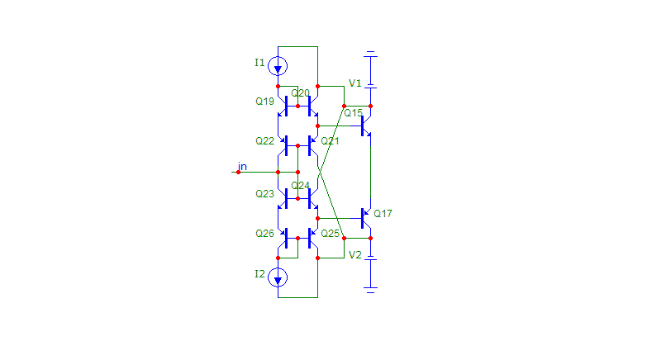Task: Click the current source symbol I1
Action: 278,66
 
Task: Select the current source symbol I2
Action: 278,277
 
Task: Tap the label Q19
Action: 264,102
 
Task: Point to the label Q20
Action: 300,93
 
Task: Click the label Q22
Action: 264,141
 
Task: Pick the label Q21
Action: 330,141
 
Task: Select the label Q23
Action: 264,194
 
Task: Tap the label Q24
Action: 300,186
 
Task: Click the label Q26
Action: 264,234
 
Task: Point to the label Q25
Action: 330,234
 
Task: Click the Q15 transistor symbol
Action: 365,126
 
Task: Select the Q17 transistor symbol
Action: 365,218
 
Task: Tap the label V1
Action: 354,83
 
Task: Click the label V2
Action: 354,255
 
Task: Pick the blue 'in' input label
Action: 242,166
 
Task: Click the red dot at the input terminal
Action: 239,172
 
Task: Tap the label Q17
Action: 383,214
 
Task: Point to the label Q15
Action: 353,113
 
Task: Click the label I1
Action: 259,63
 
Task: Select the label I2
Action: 259,274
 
